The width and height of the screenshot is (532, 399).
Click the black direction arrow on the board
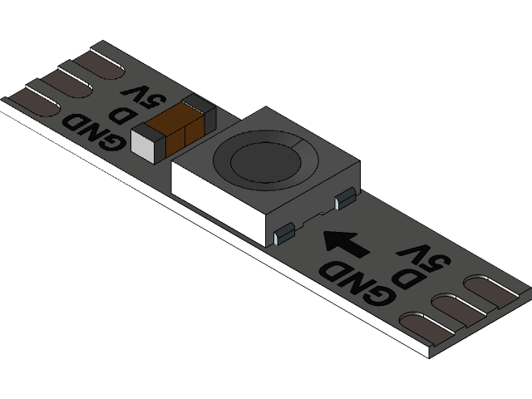346,244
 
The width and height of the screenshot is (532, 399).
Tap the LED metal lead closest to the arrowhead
284,234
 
